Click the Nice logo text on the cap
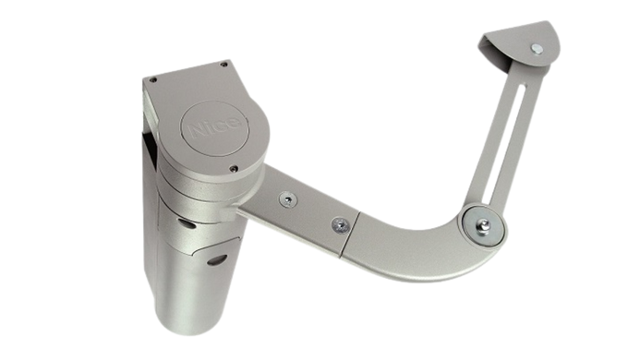pyautogui.click(x=214, y=126)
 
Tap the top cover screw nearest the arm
pyautogui.click(x=234, y=168)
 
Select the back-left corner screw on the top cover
pyautogui.click(x=152, y=80)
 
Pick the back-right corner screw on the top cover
pyautogui.click(x=223, y=65)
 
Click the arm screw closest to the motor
pyautogui.click(x=288, y=199)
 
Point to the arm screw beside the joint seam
pyautogui.click(x=340, y=225)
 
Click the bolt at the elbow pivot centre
pyautogui.click(x=485, y=224)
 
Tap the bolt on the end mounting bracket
pyautogui.click(x=537, y=49)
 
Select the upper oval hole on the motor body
pyautogui.click(x=187, y=223)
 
